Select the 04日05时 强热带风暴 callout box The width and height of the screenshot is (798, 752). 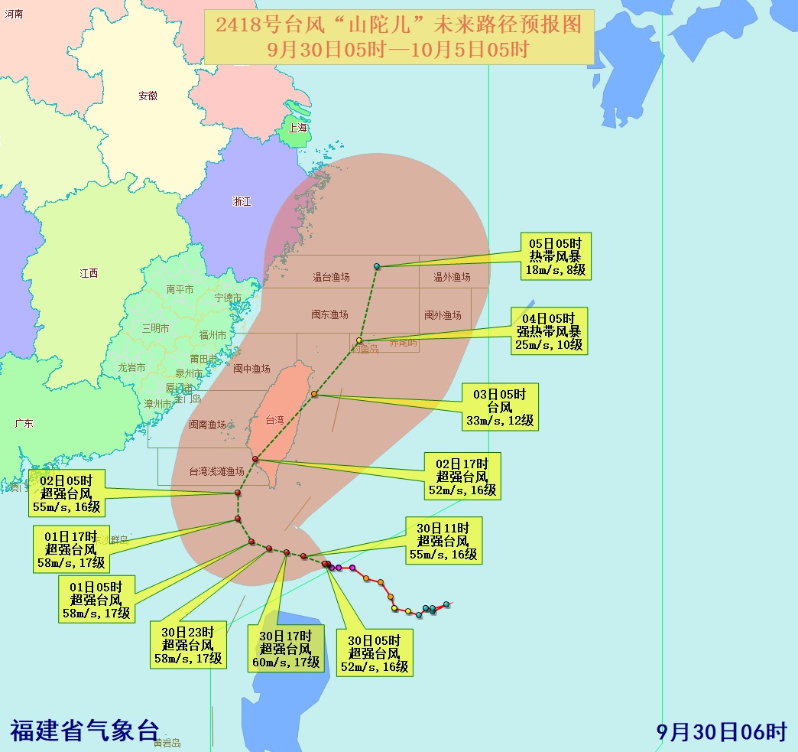(549, 330)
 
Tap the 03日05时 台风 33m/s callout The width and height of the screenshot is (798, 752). (500, 406)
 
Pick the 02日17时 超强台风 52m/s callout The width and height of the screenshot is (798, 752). (462, 476)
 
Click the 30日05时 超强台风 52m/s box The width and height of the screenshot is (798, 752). (375, 653)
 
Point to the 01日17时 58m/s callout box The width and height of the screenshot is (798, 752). (70, 549)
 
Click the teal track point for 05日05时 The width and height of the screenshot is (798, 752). (377, 266)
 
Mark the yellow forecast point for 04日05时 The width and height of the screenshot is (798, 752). (359, 340)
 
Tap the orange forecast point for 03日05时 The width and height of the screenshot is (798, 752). (314, 395)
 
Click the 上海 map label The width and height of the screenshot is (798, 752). (297, 128)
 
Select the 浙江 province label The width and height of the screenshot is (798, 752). (242, 201)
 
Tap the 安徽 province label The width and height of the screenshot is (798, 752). (148, 96)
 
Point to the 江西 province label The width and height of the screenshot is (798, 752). (89, 273)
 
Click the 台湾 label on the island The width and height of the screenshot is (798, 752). (274, 420)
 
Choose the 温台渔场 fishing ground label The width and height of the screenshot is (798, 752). (331, 277)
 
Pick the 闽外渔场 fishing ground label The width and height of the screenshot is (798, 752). (443, 315)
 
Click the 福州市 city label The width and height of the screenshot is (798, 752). (212, 335)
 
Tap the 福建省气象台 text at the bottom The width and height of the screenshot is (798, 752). (84, 730)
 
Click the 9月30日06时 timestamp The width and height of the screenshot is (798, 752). (722, 731)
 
